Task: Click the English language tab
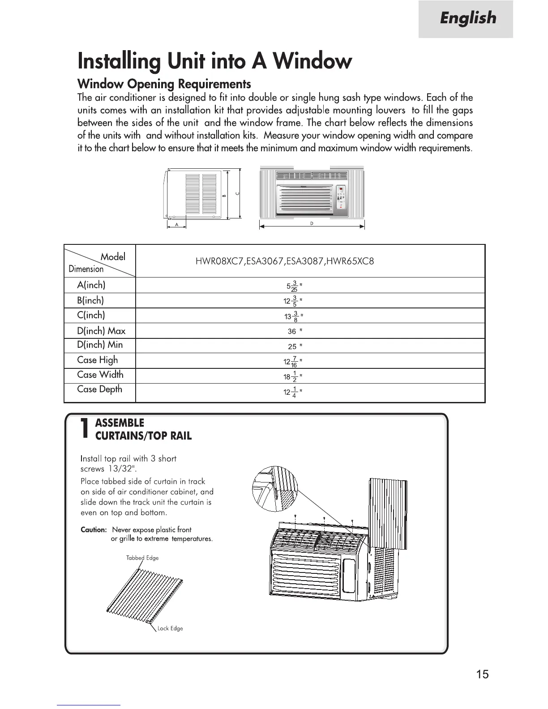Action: (467, 19)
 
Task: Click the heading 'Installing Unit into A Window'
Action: (214, 61)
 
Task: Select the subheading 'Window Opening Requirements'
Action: (164, 84)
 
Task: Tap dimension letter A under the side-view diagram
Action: (176, 225)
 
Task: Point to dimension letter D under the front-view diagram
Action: (311, 223)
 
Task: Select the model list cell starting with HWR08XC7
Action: (284, 261)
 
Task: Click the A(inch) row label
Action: (91, 285)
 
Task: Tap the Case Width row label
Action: (100, 375)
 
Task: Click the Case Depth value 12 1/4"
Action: (293, 392)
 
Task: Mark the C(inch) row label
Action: (91, 315)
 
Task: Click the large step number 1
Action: (84, 429)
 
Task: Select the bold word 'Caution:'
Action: (94, 530)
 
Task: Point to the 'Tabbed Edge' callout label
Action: (142, 558)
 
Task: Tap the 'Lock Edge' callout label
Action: (170, 628)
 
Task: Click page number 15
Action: (483, 675)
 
